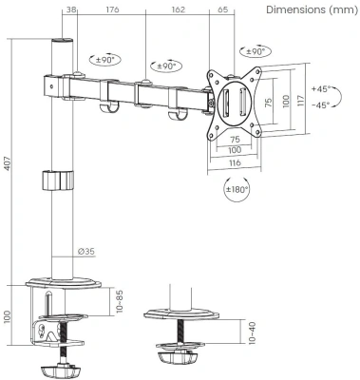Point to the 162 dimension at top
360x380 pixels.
178,12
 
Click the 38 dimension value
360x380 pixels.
71,12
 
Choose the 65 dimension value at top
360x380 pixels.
220,12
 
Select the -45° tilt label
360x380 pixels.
319,104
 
